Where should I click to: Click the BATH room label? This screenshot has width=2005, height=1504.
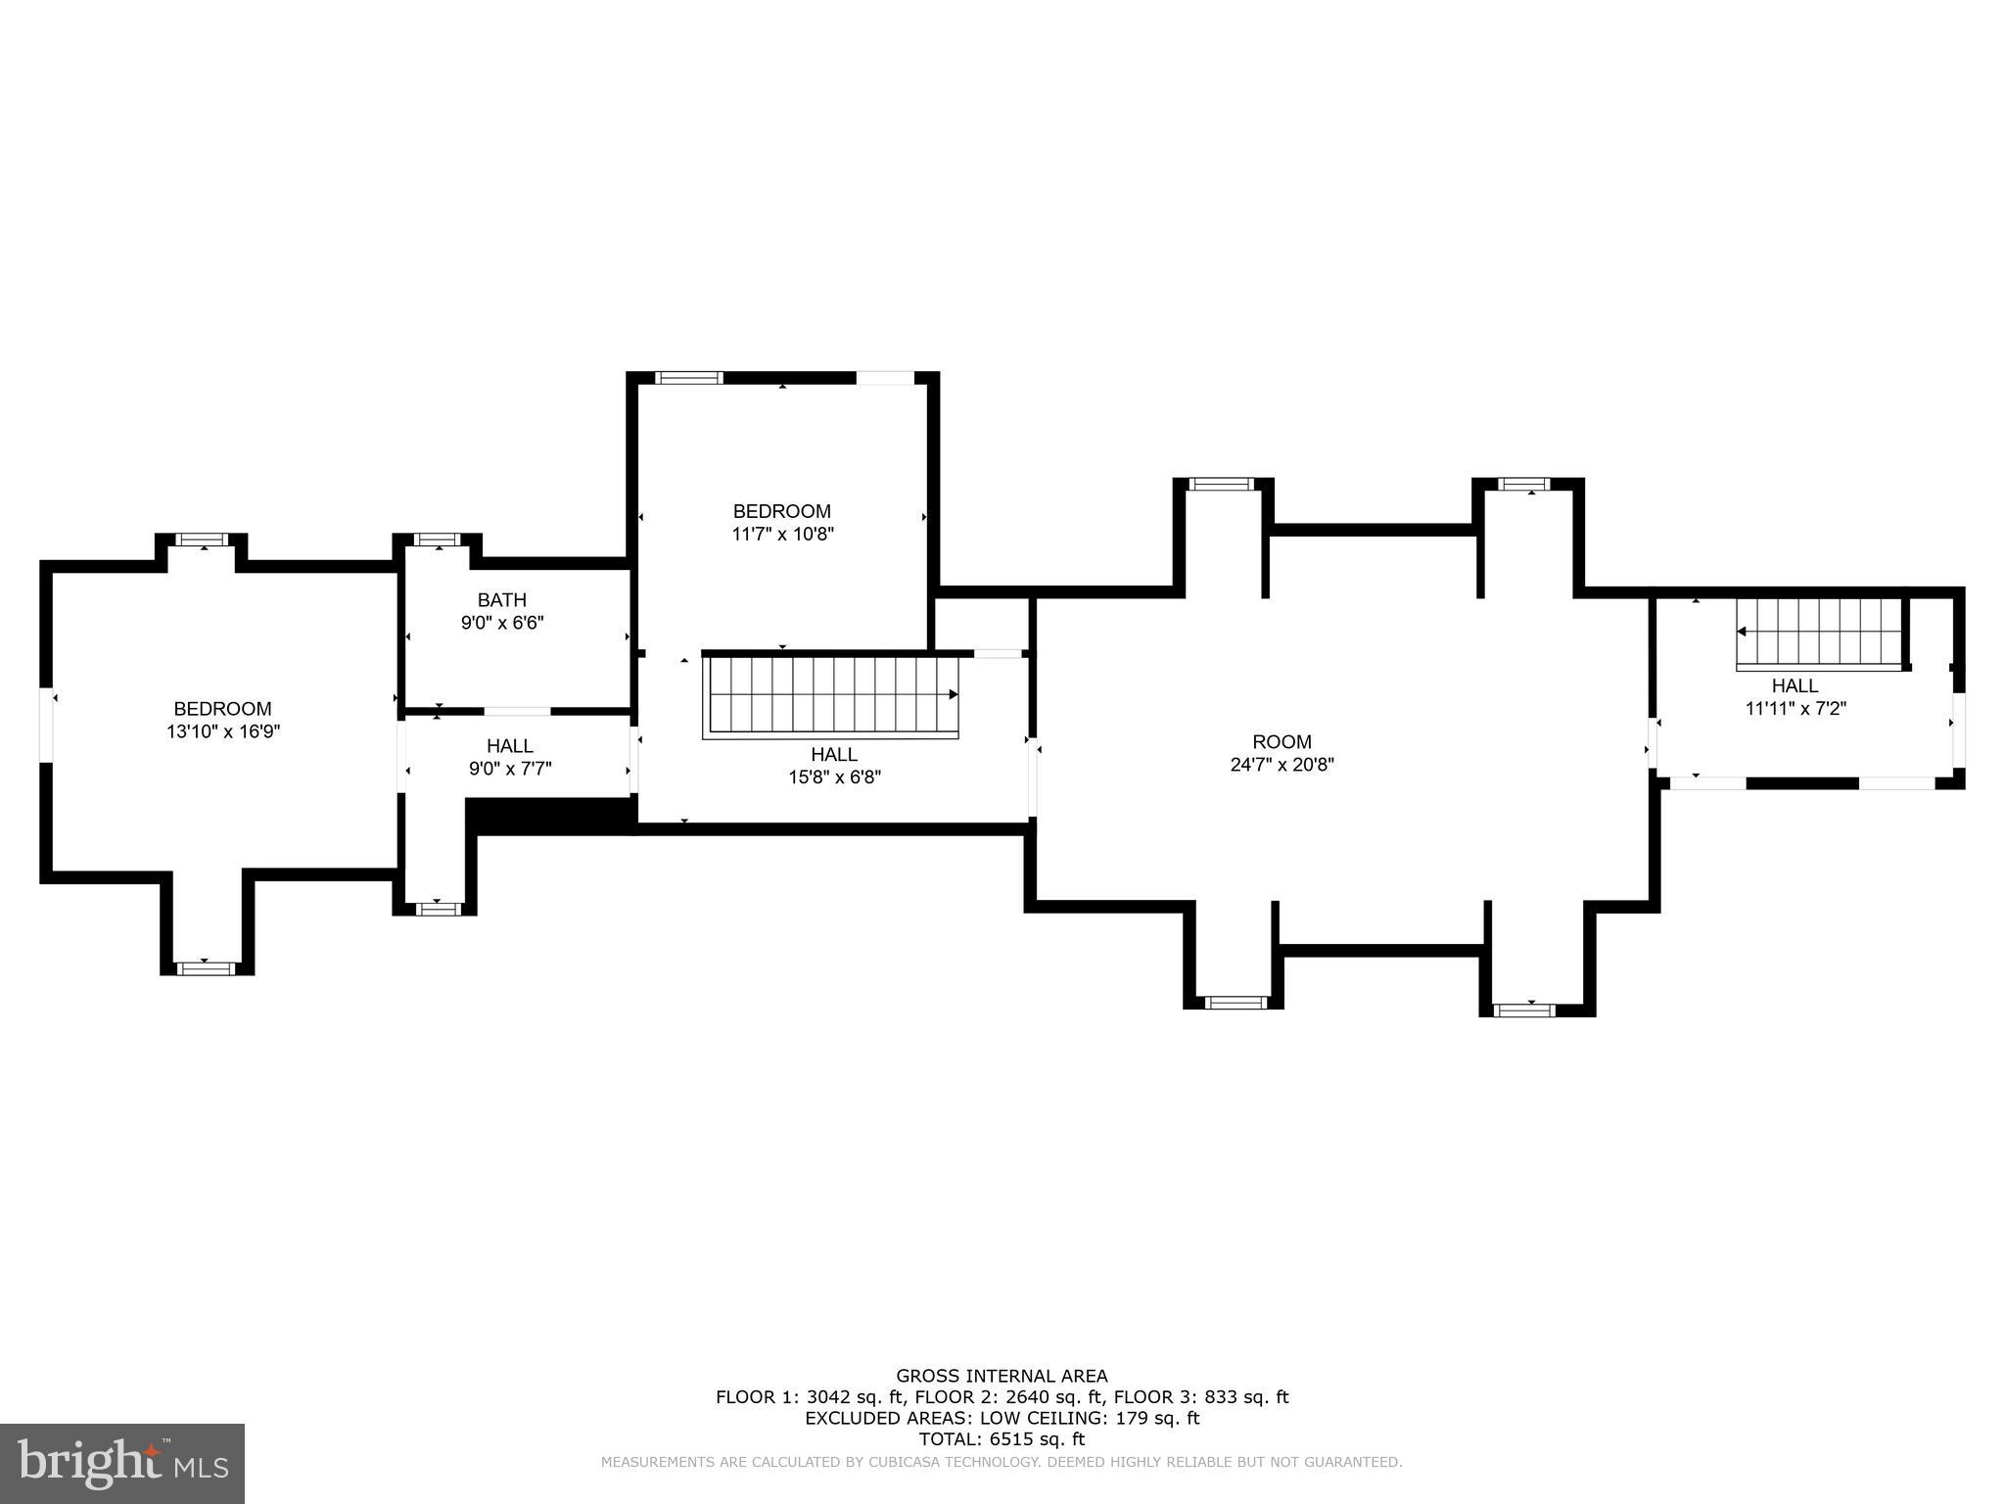(x=501, y=600)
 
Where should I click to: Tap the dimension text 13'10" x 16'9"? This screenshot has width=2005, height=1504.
(x=223, y=731)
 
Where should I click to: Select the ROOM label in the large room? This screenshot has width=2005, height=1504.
(x=1282, y=742)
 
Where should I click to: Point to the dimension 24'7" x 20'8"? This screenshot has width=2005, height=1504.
(x=1282, y=765)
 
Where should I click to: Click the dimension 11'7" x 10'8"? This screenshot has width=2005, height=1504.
(x=782, y=535)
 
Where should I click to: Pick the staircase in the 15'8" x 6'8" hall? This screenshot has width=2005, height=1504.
(x=830, y=696)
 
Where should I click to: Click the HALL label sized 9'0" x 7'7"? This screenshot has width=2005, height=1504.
(x=509, y=747)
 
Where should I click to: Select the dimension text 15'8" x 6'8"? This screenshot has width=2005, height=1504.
(x=834, y=777)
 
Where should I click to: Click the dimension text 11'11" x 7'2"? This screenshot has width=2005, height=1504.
(x=1795, y=708)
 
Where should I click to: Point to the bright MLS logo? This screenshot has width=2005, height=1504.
(x=122, y=1463)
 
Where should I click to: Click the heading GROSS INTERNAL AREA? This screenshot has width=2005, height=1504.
(x=1002, y=1377)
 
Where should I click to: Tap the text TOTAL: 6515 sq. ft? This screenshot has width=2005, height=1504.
(x=1002, y=1439)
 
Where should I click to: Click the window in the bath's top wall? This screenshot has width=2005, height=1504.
(x=437, y=540)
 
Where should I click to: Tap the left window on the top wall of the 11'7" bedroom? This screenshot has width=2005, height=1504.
(x=689, y=378)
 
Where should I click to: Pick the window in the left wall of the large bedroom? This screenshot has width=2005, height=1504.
(x=45, y=725)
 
